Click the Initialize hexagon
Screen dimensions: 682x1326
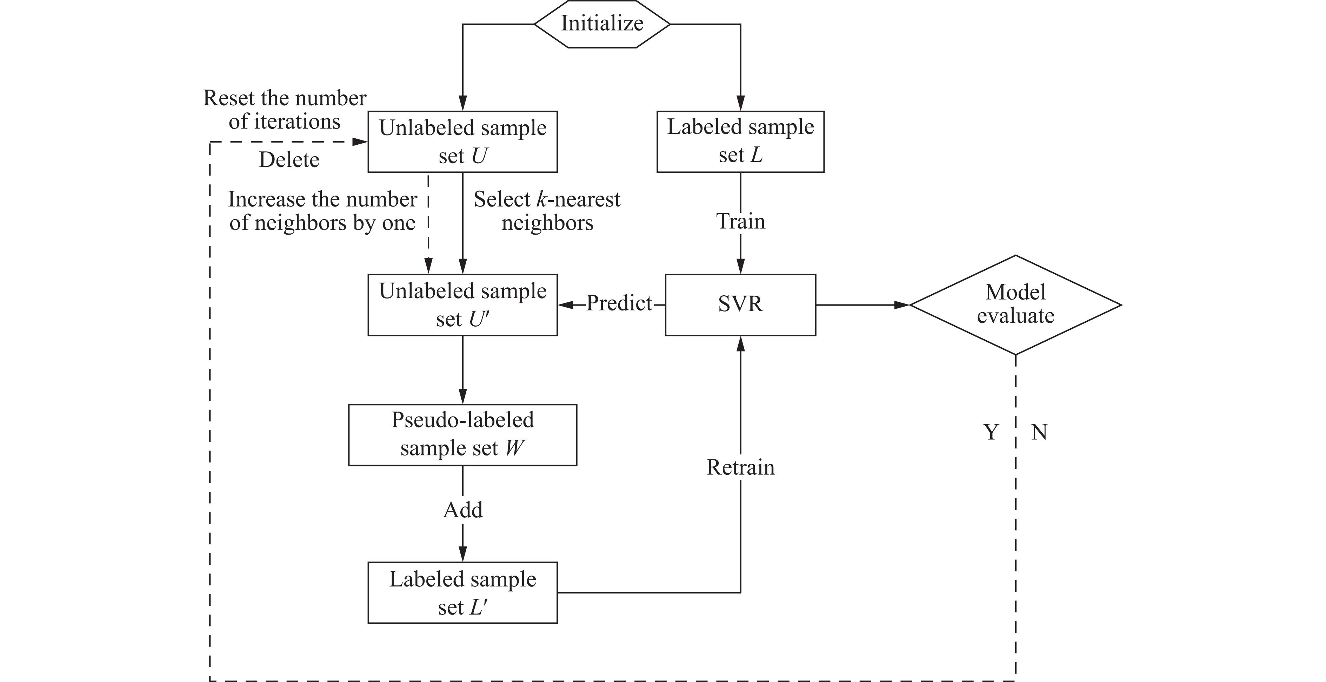602,24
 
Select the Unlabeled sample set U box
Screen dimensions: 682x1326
462,142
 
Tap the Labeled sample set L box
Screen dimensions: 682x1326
740,141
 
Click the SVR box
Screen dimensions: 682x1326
740,304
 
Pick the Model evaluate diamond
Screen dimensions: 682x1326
1015,304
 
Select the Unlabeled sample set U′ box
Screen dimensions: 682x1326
462,305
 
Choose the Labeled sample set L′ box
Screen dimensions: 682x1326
462,592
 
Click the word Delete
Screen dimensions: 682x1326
289,160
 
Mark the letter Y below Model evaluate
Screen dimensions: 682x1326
991,432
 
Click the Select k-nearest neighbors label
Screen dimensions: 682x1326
547,211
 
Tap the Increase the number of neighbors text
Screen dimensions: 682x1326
322,211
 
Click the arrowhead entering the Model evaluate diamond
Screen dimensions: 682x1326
902,305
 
